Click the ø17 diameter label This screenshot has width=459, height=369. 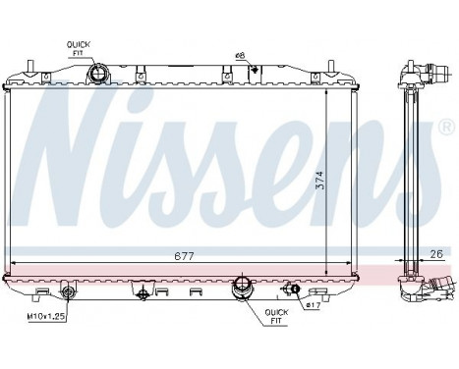(313, 305)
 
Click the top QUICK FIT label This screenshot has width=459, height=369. (78, 48)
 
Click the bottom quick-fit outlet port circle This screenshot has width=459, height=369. (242, 290)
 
